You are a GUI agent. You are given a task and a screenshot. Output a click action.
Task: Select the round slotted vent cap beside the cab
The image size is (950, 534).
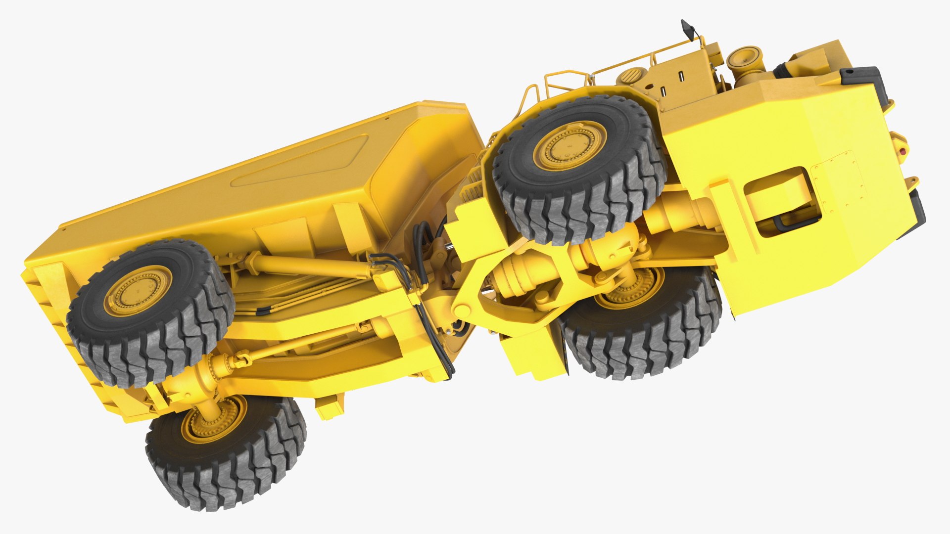pos(630,76)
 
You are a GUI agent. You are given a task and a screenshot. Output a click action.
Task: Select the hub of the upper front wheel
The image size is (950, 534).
pos(570,145)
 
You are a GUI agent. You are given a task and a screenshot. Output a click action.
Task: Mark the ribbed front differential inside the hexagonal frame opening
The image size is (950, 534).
pos(520,277)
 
